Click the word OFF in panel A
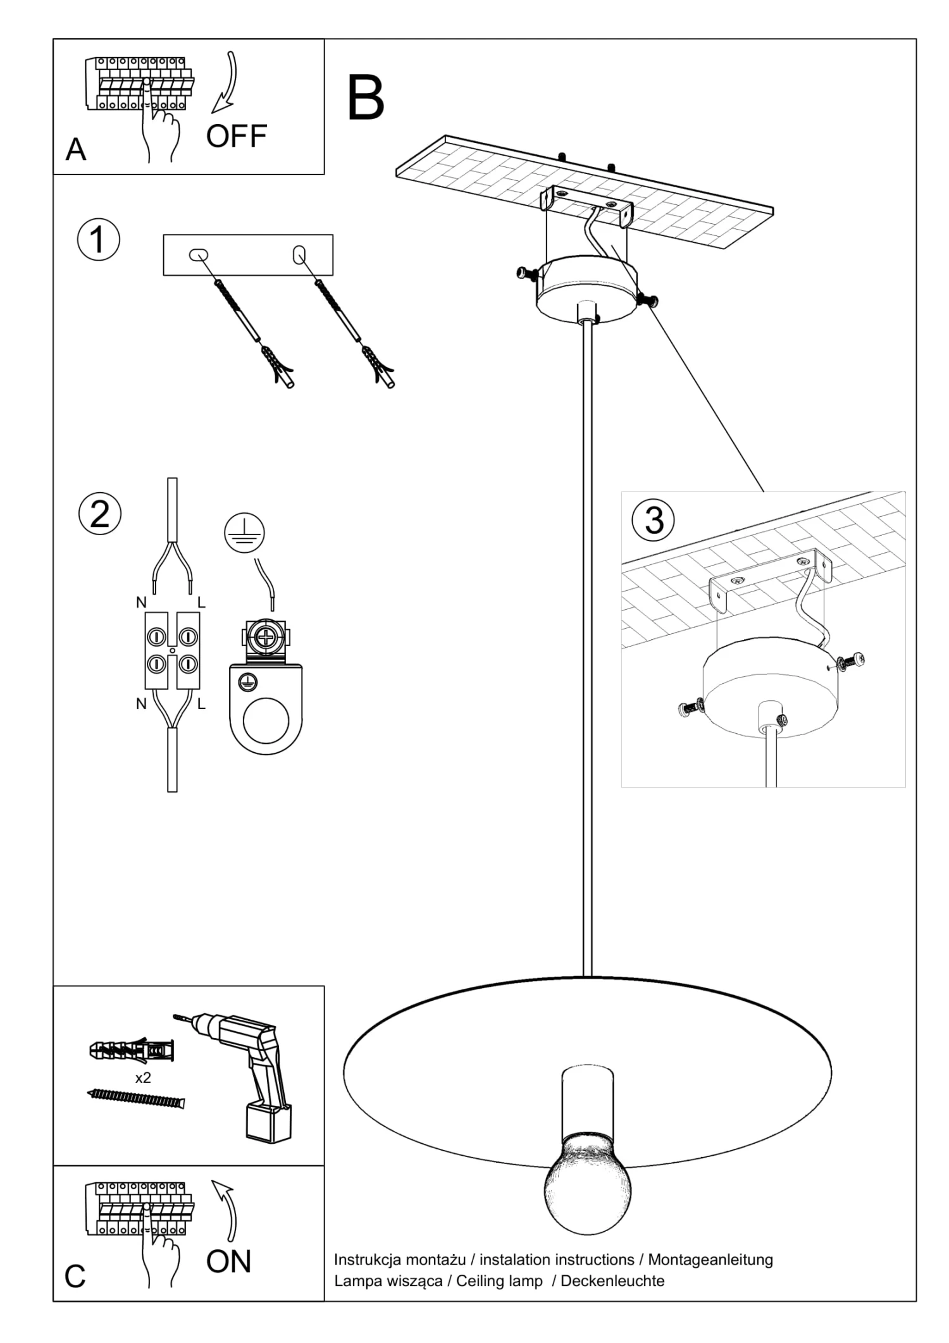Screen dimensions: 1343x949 pos(237,136)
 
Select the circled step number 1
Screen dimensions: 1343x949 pos(98,240)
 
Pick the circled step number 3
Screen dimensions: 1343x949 pos(654,520)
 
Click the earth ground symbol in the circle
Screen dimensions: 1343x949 pos(245,533)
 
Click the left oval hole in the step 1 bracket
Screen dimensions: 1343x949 pos(199,254)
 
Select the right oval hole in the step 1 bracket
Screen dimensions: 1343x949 pos(299,255)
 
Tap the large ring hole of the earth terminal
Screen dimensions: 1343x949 pos(266,721)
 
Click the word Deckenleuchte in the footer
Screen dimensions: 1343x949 pos(612,1281)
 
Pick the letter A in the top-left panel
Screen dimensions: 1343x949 pos(75,150)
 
